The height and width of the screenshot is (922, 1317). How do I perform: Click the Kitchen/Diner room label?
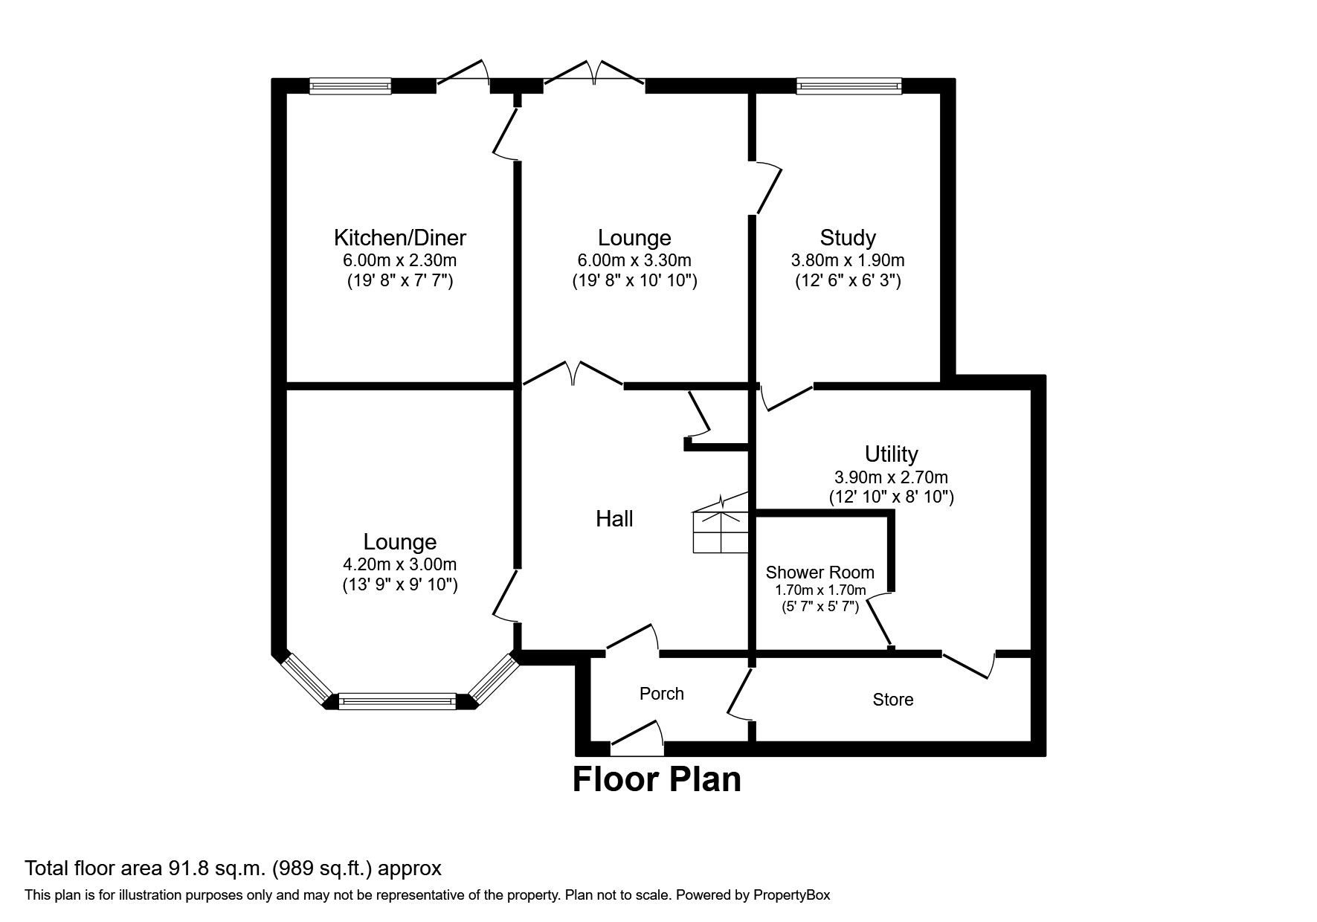point(399,238)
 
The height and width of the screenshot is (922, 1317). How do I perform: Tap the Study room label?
point(847,238)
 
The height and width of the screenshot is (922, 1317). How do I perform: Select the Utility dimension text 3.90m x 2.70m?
point(891,477)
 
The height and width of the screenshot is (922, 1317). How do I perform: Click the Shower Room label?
point(819,573)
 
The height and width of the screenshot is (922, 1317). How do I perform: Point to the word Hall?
point(614,519)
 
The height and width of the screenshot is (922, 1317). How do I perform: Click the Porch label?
point(661,694)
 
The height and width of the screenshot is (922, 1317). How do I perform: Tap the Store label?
point(892,700)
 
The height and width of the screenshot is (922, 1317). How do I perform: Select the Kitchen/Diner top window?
point(350,87)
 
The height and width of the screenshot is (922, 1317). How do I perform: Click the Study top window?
point(848,87)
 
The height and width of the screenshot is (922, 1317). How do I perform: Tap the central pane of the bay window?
point(397,700)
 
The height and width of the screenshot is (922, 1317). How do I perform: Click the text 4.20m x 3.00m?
point(399,564)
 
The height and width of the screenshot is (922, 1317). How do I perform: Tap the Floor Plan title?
point(657,780)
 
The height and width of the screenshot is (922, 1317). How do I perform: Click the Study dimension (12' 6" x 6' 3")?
point(847,281)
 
